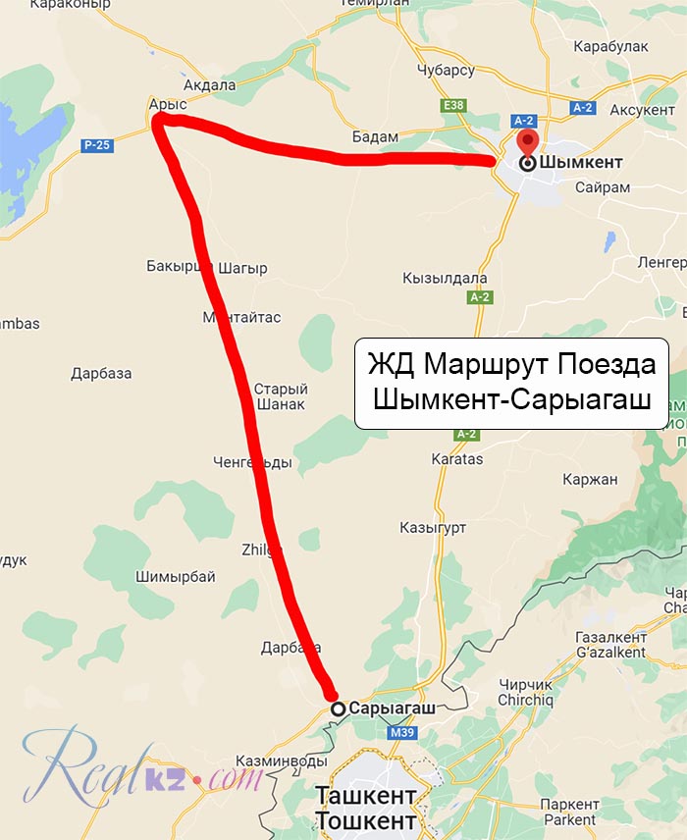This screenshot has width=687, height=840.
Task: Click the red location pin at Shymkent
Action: coord(527,143)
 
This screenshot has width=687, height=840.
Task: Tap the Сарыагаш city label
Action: coord(392,708)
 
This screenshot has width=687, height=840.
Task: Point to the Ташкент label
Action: coord(366,795)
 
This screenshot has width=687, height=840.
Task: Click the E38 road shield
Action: coord(453,104)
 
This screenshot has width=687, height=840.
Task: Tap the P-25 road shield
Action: coord(96,145)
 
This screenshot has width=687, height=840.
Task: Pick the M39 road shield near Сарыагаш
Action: coord(400,732)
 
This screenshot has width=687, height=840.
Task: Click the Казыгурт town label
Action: coord(433,527)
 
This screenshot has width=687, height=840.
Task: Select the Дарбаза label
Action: coord(101,373)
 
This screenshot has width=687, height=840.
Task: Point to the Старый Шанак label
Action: coord(280,395)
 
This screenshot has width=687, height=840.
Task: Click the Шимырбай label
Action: coord(176,577)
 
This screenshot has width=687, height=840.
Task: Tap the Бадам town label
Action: coord(375,136)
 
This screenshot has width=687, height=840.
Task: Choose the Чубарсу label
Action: coord(445,71)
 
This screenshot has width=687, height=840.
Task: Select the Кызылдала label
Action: coord(445,278)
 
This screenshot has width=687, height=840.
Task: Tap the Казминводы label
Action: coord(281,761)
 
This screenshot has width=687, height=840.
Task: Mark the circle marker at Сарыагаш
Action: coord(338,708)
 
